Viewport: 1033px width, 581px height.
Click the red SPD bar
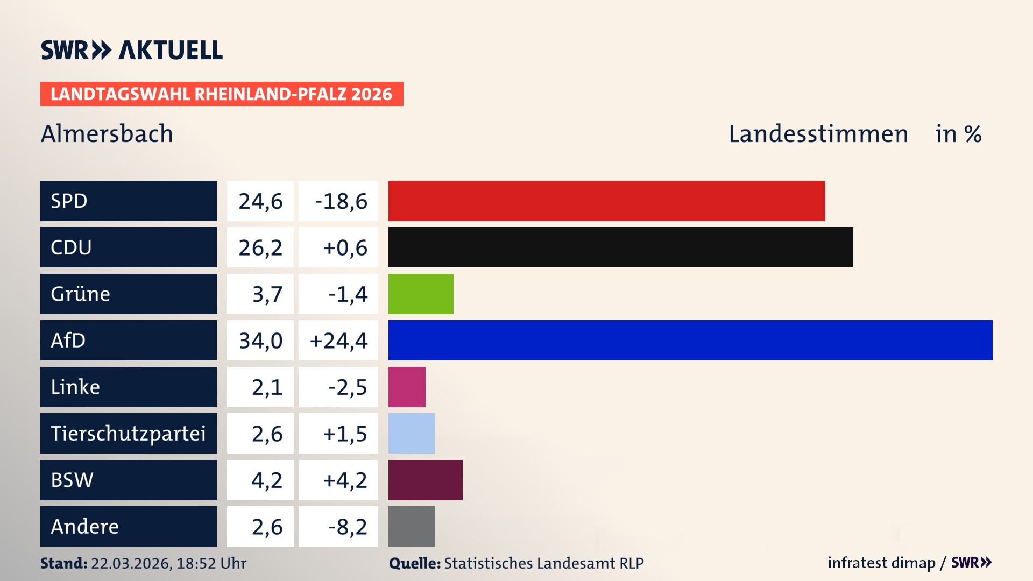pos(606,201)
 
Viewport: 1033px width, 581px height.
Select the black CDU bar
pos(620,247)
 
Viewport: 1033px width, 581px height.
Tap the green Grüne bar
pos(421,294)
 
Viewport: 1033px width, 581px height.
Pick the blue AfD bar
pos(690,340)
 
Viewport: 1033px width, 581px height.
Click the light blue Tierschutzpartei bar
pos(411,433)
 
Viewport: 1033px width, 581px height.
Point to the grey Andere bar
pos(411,526)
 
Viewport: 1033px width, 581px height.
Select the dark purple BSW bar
pos(425,480)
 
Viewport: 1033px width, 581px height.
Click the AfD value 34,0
pos(260,341)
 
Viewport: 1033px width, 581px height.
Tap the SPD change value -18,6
pos(341,201)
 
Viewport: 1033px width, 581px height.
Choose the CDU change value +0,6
pos(344,247)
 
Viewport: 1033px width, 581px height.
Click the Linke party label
pos(75,387)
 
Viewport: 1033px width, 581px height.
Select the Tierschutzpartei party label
pos(128,433)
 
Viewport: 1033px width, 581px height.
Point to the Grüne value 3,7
pos(267,294)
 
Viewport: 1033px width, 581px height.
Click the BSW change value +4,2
pos(344,480)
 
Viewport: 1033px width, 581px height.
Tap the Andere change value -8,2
pos(348,527)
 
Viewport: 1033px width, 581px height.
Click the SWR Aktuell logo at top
pos(131,50)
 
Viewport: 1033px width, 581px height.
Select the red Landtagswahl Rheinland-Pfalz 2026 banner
pos(221,94)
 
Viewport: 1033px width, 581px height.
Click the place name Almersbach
pos(107,134)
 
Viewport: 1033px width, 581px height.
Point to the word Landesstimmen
pos(818,134)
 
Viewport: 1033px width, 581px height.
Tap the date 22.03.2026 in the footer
pos(131,563)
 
